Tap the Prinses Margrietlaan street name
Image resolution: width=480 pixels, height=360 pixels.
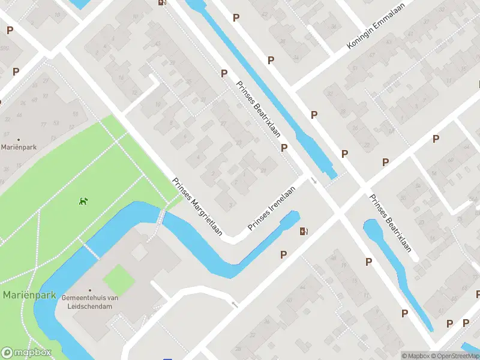point(197,206)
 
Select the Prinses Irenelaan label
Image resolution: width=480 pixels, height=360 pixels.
point(272,209)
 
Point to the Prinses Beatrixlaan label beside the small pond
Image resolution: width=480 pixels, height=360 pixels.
point(390,223)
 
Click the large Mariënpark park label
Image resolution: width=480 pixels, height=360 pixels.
point(29,295)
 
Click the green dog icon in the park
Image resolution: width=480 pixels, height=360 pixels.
point(83,200)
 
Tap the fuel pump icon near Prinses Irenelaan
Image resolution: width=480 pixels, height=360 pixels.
point(304,231)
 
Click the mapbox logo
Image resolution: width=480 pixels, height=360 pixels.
point(26,353)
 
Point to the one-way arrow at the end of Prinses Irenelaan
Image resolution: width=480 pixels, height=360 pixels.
point(313,180)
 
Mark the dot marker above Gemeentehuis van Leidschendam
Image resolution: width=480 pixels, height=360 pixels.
point(90,290)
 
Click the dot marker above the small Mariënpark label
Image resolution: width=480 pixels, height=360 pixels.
point(19,139)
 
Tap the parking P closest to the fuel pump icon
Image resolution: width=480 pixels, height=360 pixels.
point(283,254)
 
